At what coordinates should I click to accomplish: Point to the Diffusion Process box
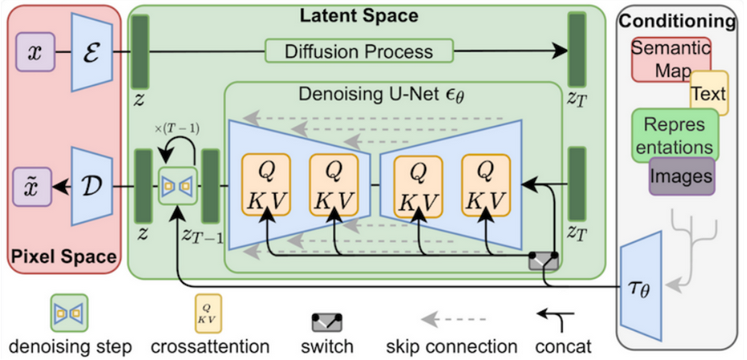point(359,52)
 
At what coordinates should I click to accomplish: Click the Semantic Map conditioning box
point(670,59)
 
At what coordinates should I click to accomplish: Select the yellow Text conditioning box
point(708,94)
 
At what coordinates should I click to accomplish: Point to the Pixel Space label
point(64,259)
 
